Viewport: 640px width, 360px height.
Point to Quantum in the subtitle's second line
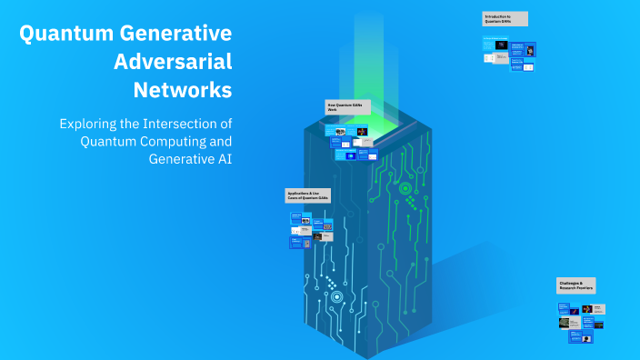coord(106,142)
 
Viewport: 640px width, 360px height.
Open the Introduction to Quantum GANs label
coord(505,19)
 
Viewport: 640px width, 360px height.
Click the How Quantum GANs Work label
coord(348,107)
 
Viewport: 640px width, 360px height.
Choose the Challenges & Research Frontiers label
coord(576,285)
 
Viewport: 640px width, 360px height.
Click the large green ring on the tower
coord(405,188)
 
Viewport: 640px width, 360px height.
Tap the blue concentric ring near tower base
coord(336,296)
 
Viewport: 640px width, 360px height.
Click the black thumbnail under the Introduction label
coord(500,45)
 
